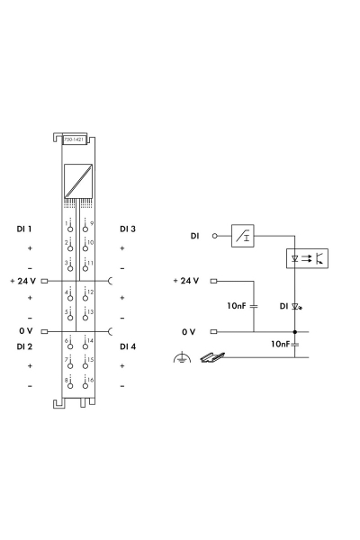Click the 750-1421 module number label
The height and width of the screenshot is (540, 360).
point(74,139)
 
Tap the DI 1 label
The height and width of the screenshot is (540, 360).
point(24,229)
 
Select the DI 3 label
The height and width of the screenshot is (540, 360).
point(128,229)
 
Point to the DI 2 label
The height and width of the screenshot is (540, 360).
point(24,346)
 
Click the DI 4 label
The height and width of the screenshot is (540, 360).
point(128,346)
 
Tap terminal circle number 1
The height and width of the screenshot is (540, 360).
point(70,229)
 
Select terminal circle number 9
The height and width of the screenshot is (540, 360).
point(85,229)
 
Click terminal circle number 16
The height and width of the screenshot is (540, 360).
point(85,386)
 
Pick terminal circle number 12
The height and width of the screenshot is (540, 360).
point(85,298)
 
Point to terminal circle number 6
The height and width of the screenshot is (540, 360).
point(70,346)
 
